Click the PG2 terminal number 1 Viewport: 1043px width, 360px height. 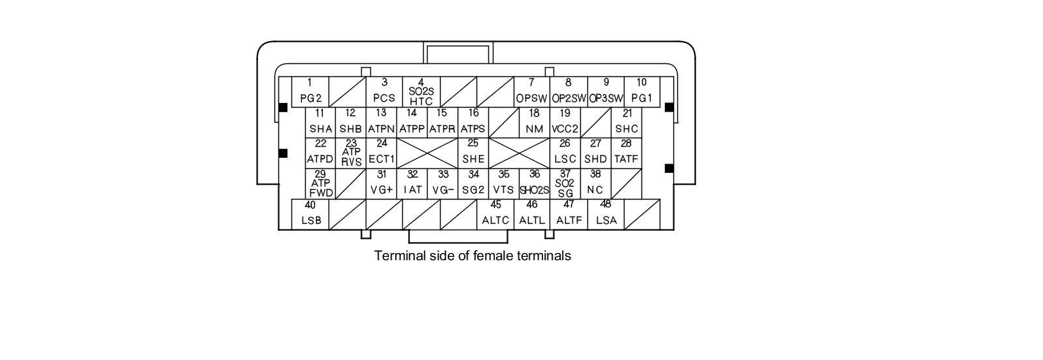310,92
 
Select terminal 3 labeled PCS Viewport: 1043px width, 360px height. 384,92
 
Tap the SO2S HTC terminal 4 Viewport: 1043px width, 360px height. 421,92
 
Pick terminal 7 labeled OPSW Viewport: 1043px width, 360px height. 531,92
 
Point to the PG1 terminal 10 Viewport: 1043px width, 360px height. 641,92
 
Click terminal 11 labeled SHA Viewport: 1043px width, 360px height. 320,123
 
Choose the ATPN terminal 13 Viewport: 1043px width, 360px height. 381,123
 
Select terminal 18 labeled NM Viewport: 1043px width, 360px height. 534,123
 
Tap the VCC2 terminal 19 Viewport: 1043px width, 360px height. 565,123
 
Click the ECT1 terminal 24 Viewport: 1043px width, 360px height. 381,153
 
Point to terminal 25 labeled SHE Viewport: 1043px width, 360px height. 473,153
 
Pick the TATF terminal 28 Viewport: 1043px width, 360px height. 626,153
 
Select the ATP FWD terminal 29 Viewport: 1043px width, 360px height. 320,184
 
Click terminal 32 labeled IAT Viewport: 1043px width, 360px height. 412,184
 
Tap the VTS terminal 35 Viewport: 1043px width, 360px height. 504,184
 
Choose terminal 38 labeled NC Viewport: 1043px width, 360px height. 595,184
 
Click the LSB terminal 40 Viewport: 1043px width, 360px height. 310,215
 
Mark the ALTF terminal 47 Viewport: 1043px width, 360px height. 568,215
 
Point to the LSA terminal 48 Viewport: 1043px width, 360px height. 606,215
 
